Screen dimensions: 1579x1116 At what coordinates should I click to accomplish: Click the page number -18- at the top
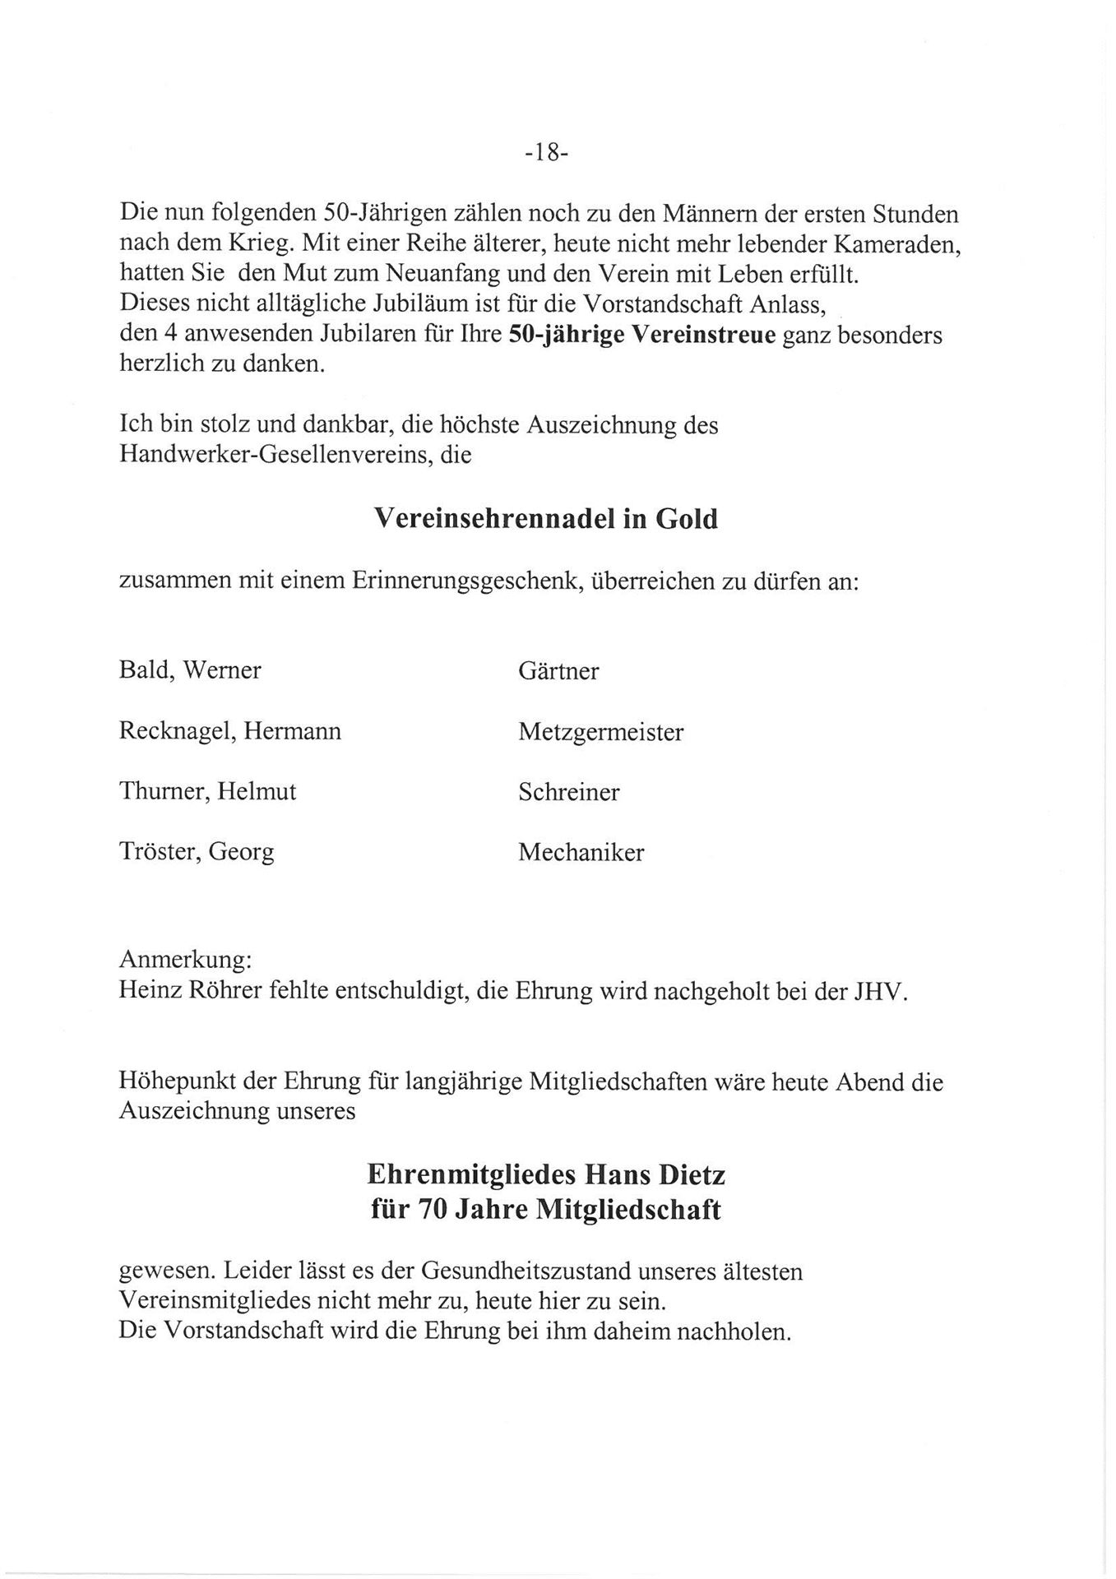pyautogui.click(x=546, y=154)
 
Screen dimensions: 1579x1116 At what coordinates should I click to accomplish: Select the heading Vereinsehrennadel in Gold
pyautogui.click(x=545, y=519)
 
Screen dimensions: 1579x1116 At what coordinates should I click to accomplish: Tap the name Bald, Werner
pyautogui.click(x=190, y=670)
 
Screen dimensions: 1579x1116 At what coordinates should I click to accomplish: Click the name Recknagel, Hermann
pyautogui.click(x=230, y=731)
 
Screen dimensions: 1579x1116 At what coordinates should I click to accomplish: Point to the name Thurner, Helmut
pyautogui.click(x=207, y=792)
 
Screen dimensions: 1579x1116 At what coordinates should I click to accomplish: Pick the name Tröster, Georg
pyautogui.click(x=197, y=853)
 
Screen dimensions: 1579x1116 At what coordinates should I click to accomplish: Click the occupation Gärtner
pyautogui.click(x=558, y=671)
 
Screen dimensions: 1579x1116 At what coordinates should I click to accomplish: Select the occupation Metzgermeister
pyautogui.click(x=600, y=732)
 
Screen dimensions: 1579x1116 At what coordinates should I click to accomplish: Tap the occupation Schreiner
pyautogui.click(x=568, y=793)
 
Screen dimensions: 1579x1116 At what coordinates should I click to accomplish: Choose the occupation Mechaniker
pyautogui.click(x=581, y=853)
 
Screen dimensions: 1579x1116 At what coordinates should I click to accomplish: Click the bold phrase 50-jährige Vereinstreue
pyautogui.click(x=643, y=336)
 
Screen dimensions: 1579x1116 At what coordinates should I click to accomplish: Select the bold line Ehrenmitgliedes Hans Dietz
pyautogui.click(x=546, y=1174)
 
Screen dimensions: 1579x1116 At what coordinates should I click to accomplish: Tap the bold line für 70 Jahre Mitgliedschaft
pyautogui.click(x=545, y=1211)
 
